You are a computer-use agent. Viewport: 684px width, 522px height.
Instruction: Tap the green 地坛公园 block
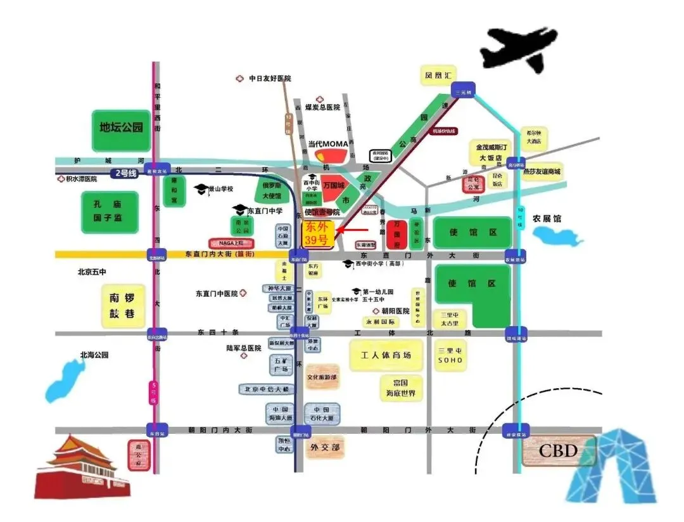click(121, 127)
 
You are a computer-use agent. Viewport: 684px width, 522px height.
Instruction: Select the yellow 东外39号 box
click(319, 233)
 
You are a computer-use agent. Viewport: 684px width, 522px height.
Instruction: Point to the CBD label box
click(558, 450)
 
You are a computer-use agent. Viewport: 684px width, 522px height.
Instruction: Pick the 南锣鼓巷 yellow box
click(122, 305)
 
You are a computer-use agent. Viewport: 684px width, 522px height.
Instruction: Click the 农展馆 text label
click(546, 218)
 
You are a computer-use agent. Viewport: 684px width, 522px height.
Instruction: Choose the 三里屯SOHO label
click(450, 355)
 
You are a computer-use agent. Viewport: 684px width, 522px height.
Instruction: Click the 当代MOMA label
click(329, 145)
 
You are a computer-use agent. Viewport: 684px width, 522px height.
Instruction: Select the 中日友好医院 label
click(269, 79)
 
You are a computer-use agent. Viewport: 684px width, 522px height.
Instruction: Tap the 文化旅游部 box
click(322, 377)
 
